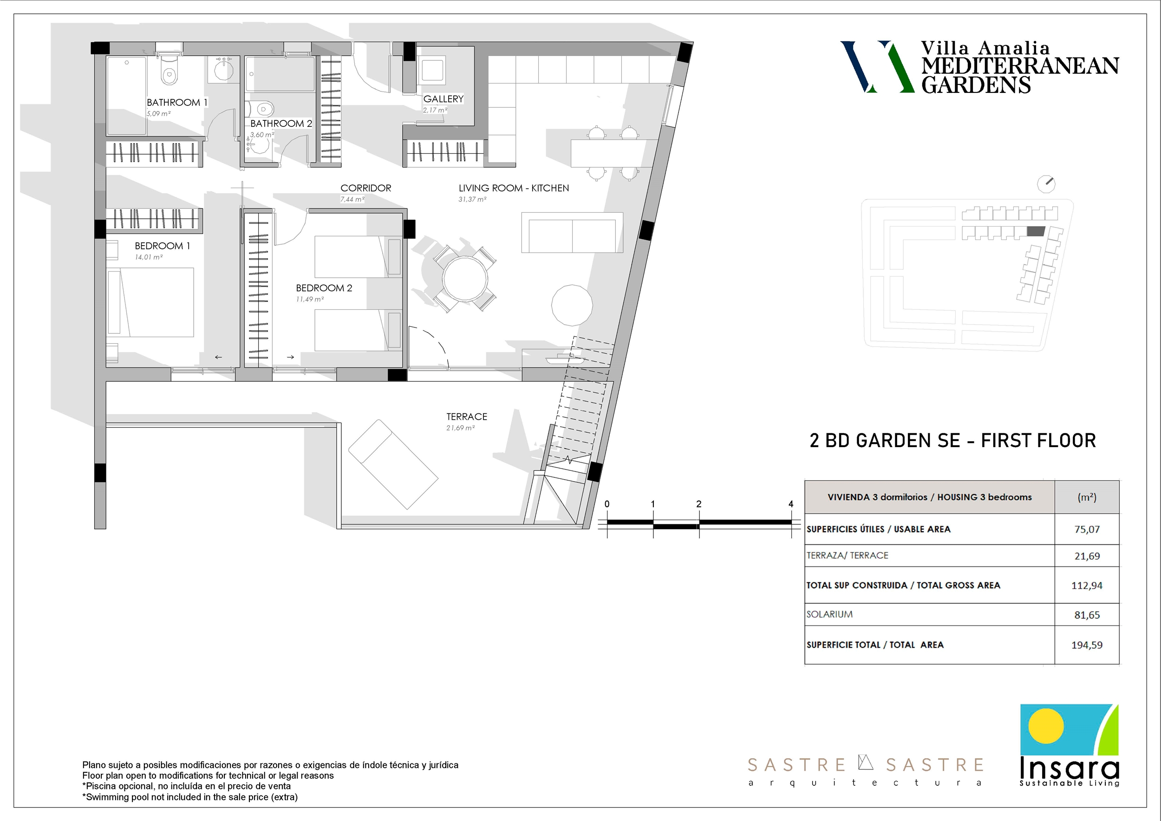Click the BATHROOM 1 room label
coord(177,103)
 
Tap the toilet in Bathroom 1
coord(169,70)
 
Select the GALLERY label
coord(444,99)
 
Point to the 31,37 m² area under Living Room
coord(472,200)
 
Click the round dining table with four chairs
coord(465,279)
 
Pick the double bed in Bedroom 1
coord(150,302)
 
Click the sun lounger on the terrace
coord(393,464)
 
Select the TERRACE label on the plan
coord(467,417)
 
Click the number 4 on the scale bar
coord(791,504)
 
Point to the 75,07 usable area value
coord(1087,529)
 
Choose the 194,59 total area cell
coord(1087,645)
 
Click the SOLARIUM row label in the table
coord(829,614)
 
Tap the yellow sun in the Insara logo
coord(1046,726)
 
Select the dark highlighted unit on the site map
coord(1036,232)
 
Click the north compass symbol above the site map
coord(1046,184)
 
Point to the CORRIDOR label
coord(365,188)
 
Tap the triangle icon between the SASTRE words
coord(866,762)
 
